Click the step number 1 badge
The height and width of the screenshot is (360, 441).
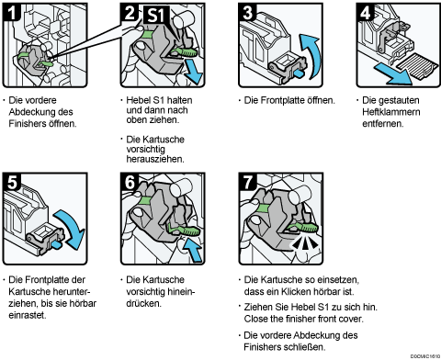pyautogui.click(x=12, y=13)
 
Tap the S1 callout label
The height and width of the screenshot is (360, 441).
pyautogui.click(x=157, y=15)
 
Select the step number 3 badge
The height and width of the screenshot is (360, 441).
pyautogui.click(x=247, y=12)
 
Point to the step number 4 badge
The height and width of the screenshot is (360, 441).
pyautogui.click(x=366, y=12)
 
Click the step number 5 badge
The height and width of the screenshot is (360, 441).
pyautogui.click(x=12, y=182)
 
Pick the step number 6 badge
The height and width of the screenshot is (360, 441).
pyautogui.click(x=130, y=182)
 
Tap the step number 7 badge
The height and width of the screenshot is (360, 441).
pyautogui.click(x=247, y=182)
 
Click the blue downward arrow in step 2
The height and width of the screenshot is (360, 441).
pyautogui.click(x=194, y=72)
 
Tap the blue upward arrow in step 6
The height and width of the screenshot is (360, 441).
pyautogui.click(x=193, y=249)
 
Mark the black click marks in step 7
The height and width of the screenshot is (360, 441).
pyautogui.click(x=304, y=243)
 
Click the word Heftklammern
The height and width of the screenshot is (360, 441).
pyautogui.click(x=391, y=112)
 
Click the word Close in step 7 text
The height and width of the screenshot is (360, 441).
pyautogui.click(x=255, y=319)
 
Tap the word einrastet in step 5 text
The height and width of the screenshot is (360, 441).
pyautogui.click(x=28, y=315)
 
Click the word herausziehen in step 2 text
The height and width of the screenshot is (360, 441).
pyautogui.click(x=155, y=159)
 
